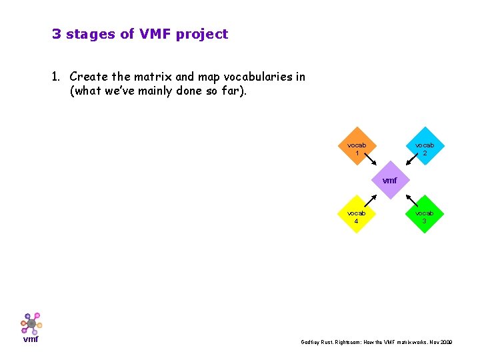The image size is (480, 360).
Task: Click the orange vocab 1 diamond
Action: (357, 147)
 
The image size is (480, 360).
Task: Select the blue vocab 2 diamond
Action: (424, 147)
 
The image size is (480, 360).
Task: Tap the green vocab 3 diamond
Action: (424, 214)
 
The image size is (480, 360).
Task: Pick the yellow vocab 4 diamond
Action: (357, 214)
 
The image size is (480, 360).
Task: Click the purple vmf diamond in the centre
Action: (390, 181)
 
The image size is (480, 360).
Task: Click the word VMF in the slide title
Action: (155, 34)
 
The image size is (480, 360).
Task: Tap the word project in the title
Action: (202, 35)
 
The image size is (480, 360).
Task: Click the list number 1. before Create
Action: (57, 77)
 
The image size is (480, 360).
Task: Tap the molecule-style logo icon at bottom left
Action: (31, 323)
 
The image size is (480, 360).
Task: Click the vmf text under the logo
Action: (31, 339)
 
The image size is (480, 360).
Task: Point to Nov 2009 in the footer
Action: (440, 342)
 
